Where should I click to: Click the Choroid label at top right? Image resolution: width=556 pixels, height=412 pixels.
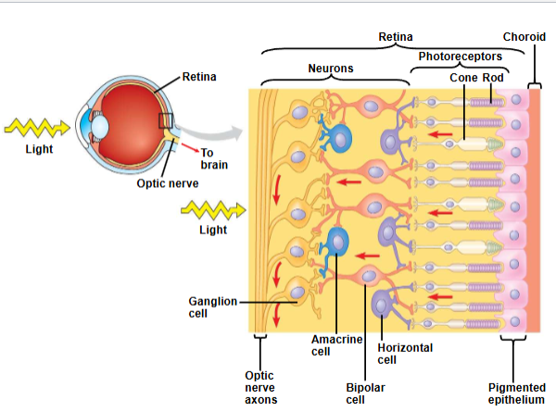click(524, 36)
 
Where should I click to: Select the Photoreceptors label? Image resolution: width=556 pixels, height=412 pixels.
click(460, 57)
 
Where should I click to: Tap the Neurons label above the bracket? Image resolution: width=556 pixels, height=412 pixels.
click(331, 69)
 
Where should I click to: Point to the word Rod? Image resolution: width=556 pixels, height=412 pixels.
click(493, 78)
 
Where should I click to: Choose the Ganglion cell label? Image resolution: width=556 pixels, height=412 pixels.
click(213, 307)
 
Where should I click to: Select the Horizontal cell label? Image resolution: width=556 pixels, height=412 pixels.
click(405, 353)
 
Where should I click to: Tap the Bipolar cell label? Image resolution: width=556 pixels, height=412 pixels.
click(365, 393)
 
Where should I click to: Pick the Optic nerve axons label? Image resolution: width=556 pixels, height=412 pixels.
click(260, 387)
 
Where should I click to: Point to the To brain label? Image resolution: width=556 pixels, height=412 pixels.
click(213, 158)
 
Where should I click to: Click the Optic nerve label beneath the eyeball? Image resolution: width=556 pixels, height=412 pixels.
click(167, 183)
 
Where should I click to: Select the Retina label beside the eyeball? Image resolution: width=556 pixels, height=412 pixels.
click(199, 76)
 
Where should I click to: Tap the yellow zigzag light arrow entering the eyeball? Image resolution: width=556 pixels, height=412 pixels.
click(37, 125)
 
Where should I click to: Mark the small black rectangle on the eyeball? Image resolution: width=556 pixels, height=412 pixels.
click(165, 121)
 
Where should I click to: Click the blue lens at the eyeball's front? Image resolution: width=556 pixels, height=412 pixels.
click(88, 121)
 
